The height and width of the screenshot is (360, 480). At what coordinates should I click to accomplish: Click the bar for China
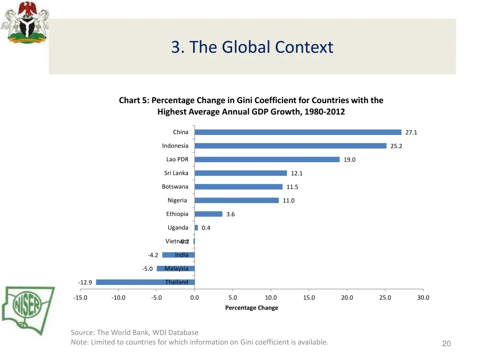pyautogui.click(x=298, y=132)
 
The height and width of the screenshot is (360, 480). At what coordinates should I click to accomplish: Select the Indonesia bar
pyautogui.click(x=291, y=146)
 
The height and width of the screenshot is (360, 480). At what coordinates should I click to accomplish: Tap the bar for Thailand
pyautogui.click(x=145, y=282)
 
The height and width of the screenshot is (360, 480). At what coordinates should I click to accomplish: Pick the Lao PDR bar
pyautogui.click(x=267, y=159)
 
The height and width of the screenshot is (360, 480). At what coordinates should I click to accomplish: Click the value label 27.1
pyautogui.click(x=411, y=133)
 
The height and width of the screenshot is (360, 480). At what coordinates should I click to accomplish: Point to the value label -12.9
pyautogui.click(x=85, y=283)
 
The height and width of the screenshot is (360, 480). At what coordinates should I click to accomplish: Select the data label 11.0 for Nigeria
pyautogui.click(x=289, y=201)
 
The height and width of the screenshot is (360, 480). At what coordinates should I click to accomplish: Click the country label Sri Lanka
pyautogui.click(x=176, y=173)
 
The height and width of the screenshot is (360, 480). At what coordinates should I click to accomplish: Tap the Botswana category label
pyautogui.click(x=175, y=187)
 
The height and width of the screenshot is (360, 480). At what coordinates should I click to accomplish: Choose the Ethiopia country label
pyautogui.click(x=177, y=214)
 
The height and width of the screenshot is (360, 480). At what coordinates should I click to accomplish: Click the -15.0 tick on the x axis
pyautogui.click(x=80, y=298)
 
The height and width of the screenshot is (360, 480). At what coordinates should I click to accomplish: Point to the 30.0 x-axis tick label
pyautogui.click(x=423, y=298)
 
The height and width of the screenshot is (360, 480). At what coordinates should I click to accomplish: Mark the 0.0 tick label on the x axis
pyautogui.click(x=195, y=298)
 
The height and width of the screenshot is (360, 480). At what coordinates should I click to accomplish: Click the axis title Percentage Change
pyautogui.click(x=252, y=308)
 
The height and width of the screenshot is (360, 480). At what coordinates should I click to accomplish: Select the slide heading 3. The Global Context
pyautogui.click(x=252, y=47)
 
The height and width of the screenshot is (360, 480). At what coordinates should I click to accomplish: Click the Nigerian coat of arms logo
pyautogui.click(x=25, y=23)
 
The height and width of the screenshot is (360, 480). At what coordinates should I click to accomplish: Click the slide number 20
pyautogui.click(x=446, y=344)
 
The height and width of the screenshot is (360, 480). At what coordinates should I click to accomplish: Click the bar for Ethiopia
pyautogui.click(x=209, y=214)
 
